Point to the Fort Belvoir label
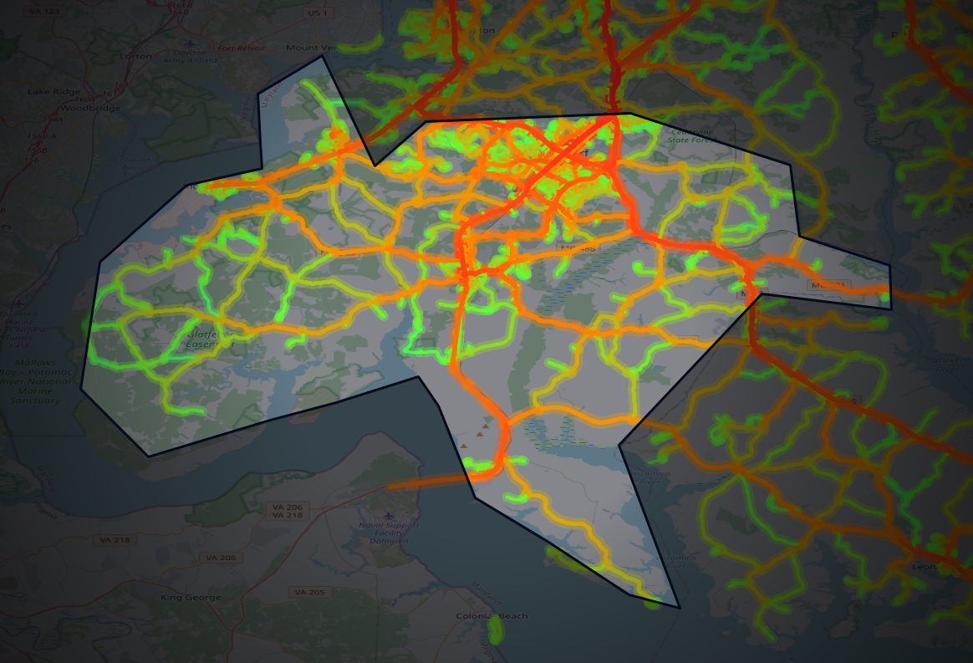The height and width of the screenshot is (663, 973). (241, 48)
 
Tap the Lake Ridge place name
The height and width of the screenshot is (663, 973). (53, 91)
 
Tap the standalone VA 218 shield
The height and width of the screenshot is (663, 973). (120, 540)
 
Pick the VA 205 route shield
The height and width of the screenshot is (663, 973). (309, 592)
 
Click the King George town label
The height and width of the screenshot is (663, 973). (192, 598)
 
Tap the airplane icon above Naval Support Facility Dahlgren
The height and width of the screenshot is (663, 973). (386, 515)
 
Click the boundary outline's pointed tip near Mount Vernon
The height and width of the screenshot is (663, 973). (322, 57)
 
